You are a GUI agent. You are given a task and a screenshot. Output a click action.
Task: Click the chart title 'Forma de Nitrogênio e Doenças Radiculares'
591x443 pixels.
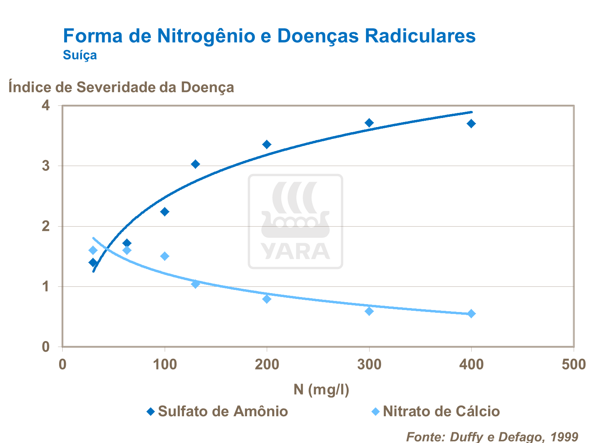click(x=269, y=36)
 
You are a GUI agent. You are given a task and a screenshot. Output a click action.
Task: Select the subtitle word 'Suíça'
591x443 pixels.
click(x=80, y=55)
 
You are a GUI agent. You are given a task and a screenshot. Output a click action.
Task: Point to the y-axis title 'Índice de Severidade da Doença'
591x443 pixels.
click(x=121, y=87)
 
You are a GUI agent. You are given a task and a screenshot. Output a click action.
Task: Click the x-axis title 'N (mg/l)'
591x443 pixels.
click(x=321, y=389)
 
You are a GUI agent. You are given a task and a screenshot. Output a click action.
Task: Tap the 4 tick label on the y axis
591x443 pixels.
click(x=46, y=105)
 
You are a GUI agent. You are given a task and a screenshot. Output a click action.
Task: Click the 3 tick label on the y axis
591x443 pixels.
click(x=46, y=166)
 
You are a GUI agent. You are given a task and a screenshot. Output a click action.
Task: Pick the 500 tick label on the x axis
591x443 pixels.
click(x=573, y=364)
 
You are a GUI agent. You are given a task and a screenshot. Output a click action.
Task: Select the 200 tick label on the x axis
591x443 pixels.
click(x=267, y=364)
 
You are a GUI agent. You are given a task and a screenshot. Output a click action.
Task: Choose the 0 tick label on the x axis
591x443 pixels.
click(x=62, y=364)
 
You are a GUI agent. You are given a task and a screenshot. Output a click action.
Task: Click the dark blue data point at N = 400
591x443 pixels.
click(x=471, y=124)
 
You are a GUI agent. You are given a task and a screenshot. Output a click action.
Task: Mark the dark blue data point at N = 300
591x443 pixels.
click(x=369, y=123)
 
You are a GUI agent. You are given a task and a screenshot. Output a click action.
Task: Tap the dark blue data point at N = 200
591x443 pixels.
click(x=267, y=144)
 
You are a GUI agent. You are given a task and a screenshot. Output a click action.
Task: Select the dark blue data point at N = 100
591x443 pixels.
click(x=165, y=212)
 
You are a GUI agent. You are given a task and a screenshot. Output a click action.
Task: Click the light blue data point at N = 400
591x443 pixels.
click(x=471, y=314)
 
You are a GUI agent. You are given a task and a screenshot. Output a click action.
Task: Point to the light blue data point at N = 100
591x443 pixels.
click(x=165, y=256)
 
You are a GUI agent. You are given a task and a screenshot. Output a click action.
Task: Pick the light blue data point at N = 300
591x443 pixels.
click(x=369, y=311)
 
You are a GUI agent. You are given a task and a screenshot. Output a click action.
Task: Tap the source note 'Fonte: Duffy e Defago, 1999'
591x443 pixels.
click(x=492, y=437)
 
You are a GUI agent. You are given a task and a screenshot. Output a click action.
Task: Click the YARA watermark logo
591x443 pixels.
click(x=295, y=221)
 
